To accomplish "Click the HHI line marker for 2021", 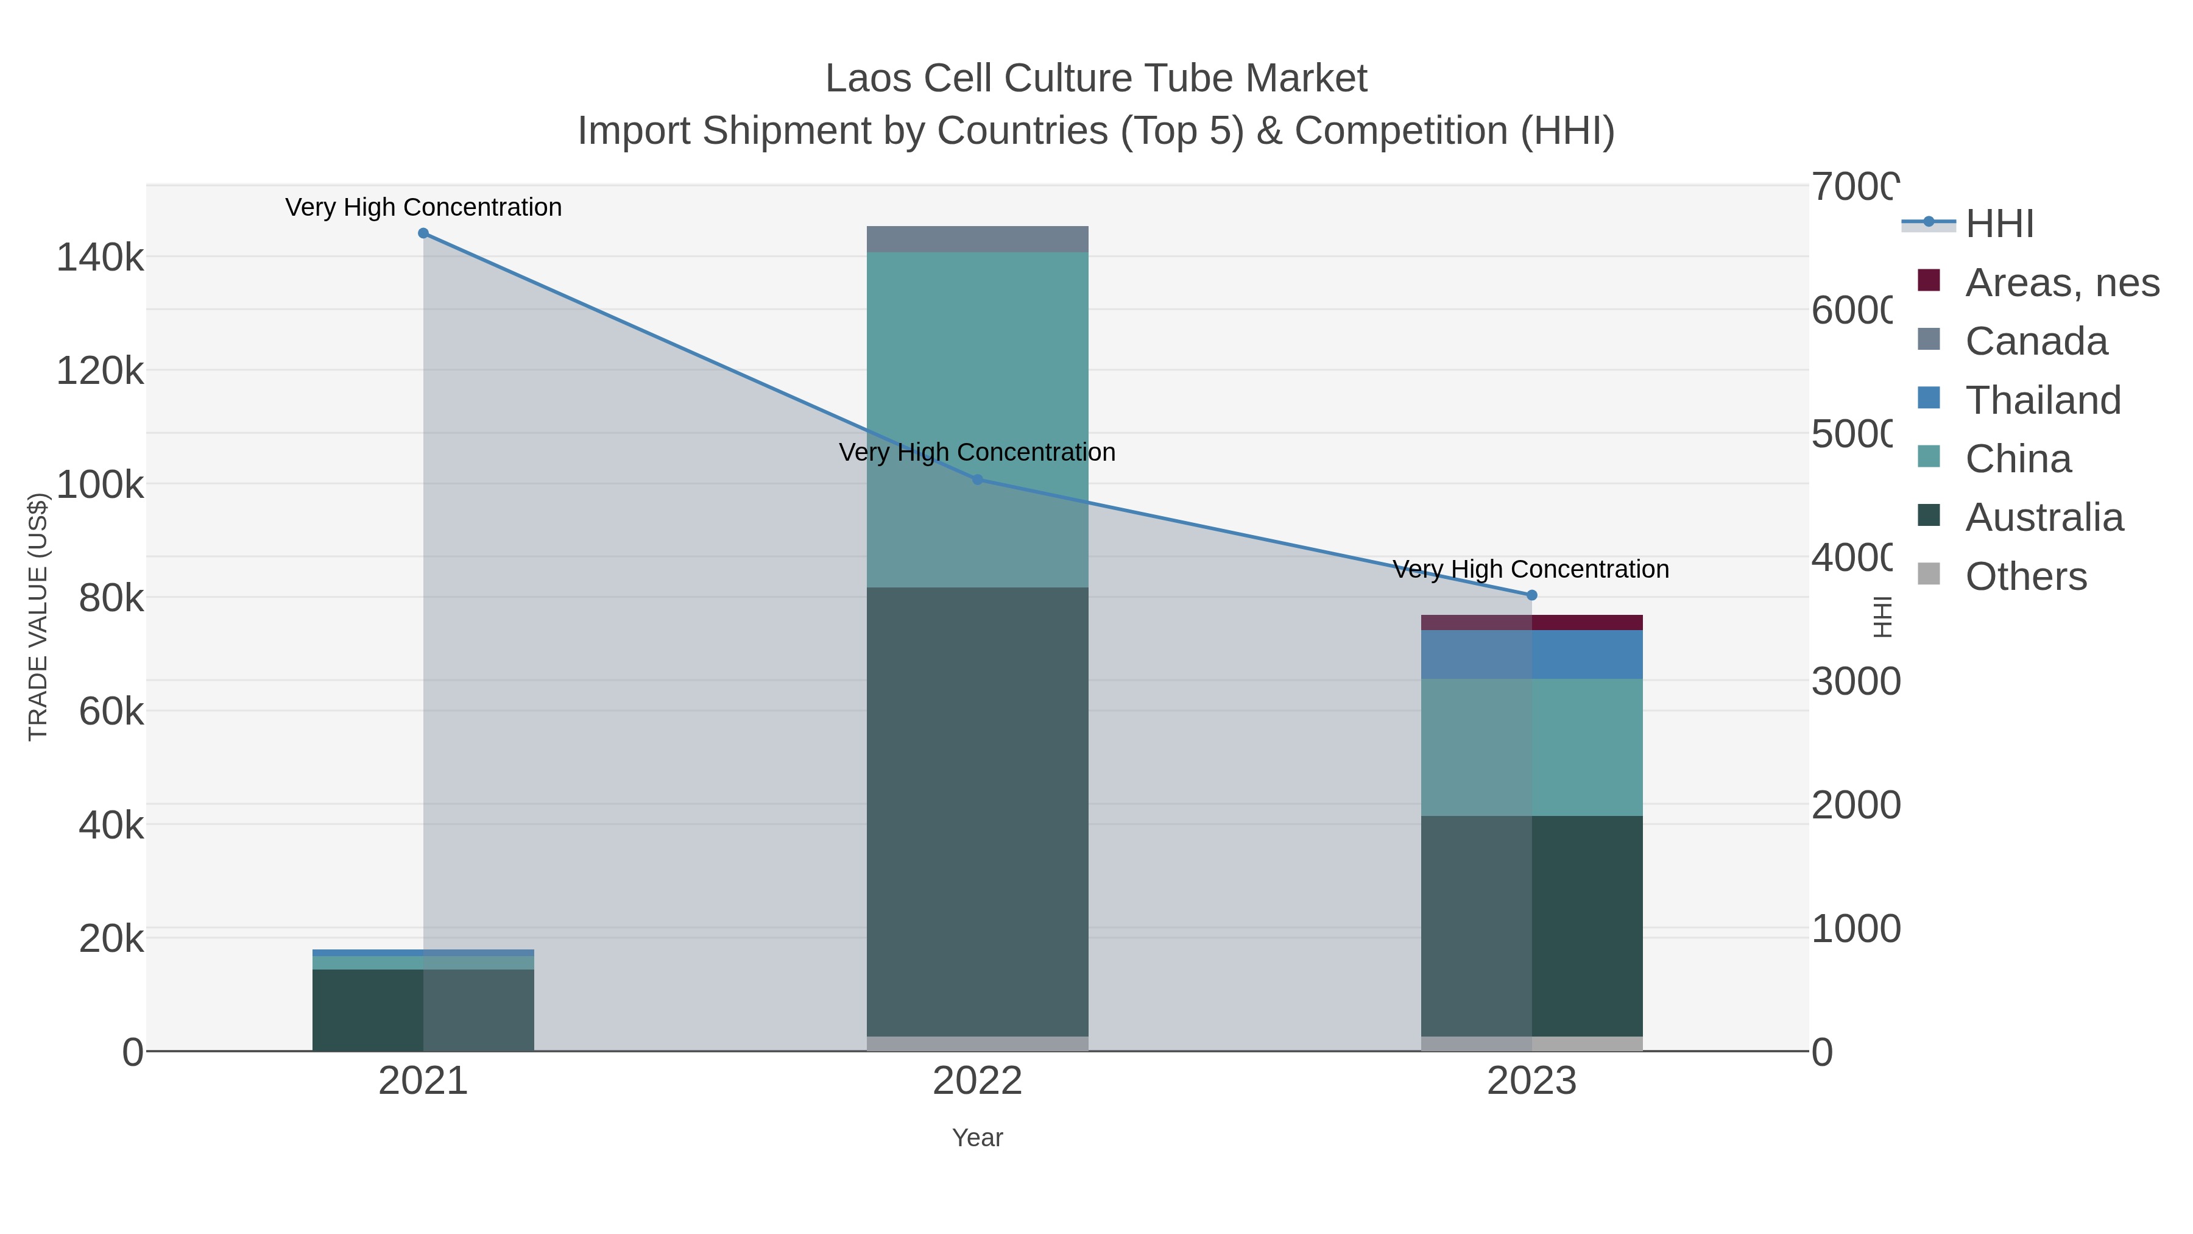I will click(423, 233).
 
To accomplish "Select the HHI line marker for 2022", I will click(977, 480).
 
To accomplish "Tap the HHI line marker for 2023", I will click(1531, 595).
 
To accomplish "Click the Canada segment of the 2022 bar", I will click(977, 239).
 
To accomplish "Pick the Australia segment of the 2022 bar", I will click(977, 809).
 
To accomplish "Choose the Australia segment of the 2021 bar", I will click(368, 1009).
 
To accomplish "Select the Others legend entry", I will click(2025, 576).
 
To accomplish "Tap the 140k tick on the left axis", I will click(100, 257).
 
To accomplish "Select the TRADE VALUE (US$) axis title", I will click(38, 617).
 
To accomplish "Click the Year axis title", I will click(977, 1138).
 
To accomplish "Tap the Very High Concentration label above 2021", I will click(423, 207).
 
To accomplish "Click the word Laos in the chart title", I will click(867, 79).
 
